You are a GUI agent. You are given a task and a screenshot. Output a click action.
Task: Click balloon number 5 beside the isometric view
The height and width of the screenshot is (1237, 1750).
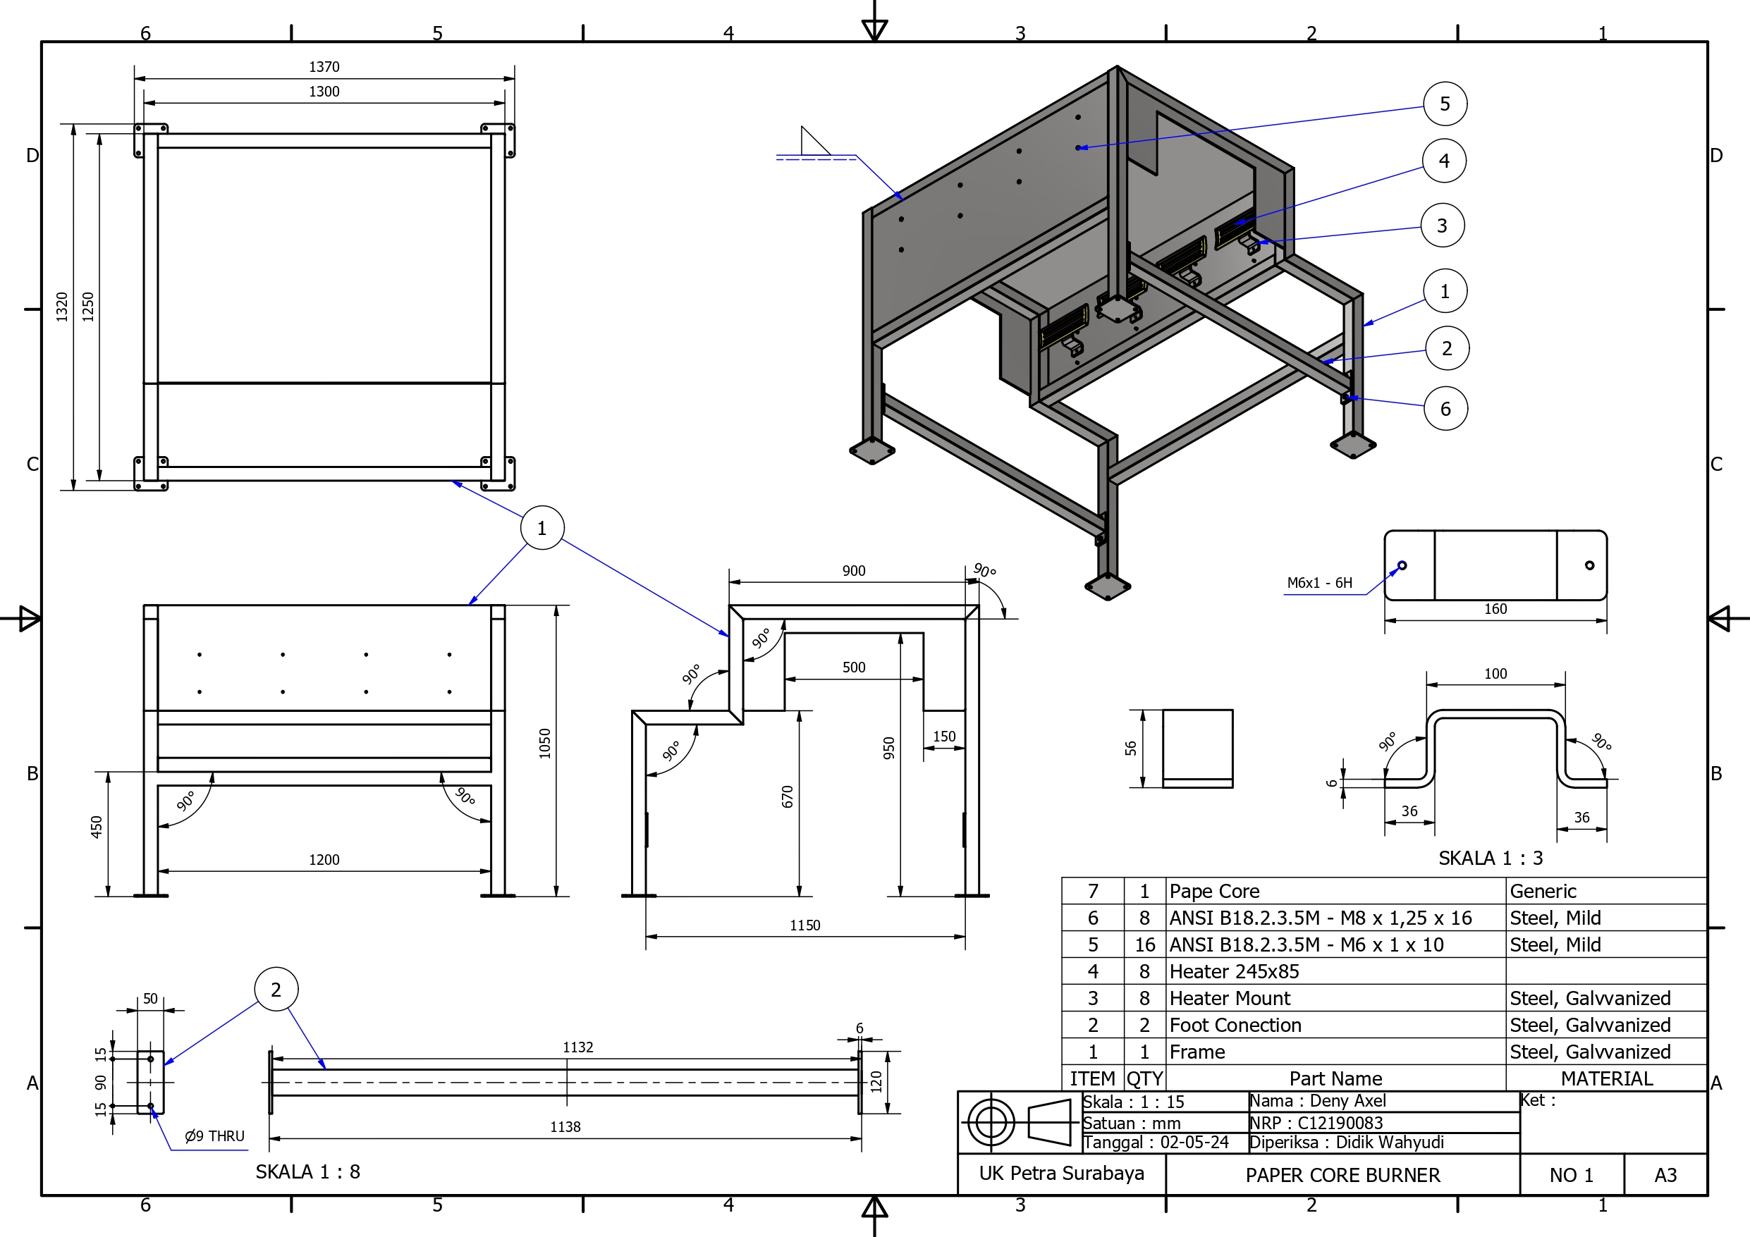coord(1445,104)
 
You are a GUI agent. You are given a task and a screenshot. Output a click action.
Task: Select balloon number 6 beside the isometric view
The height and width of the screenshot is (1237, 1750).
coord(1445,410)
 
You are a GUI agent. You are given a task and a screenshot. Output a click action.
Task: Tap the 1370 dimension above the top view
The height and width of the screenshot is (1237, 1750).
coord(324,67)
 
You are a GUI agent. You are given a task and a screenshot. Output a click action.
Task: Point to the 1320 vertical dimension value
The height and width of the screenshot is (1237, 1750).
coord(63,307)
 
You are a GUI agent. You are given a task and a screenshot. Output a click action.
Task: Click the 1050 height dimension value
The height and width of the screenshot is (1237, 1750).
coord(544,743)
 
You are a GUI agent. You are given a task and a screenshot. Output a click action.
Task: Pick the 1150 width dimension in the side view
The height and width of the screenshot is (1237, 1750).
coord(805,925)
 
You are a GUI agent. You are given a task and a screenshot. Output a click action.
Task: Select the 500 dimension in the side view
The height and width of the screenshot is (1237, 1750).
coord(854,667)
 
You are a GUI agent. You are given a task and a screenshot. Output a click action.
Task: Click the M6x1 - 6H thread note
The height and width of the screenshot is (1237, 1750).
coord(1319,583)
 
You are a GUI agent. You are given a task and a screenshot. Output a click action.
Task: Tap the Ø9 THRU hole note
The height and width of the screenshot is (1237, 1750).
coord(214,1136)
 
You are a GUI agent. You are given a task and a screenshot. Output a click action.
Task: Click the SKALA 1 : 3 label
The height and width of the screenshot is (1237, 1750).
coord(1490,858)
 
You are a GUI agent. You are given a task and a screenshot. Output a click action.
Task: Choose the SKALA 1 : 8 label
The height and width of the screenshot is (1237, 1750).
coord(307,1172)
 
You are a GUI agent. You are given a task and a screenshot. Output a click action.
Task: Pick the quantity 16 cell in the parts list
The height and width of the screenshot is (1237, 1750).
coord(1144,945)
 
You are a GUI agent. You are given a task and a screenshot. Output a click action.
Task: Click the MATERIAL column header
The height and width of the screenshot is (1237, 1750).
coord(1606,1078)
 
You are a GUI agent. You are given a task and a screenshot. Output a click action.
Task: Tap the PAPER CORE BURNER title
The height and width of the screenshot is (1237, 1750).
coord(1342,1175)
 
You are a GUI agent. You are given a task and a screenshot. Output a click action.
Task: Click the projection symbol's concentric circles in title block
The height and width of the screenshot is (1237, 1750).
coord(991,1122)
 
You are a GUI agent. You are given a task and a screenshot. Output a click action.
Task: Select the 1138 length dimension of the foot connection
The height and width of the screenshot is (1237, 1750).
coord(565,1127)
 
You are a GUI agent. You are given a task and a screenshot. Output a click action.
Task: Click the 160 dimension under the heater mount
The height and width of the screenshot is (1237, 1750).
coord(1495,609)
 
